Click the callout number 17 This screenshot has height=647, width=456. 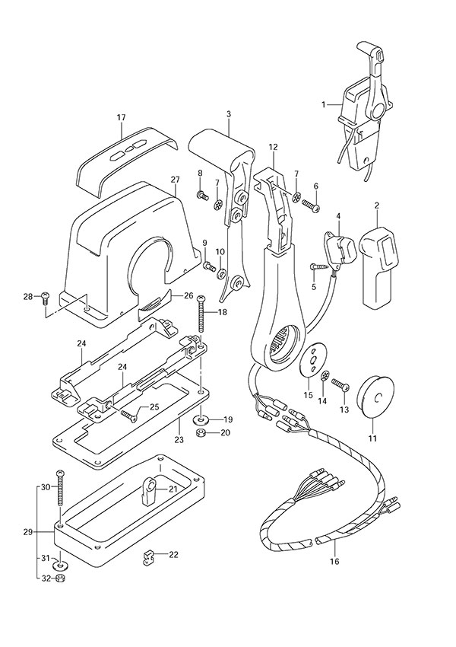click(x=120, y=117)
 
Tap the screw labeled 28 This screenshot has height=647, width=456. click(x=45, y=297)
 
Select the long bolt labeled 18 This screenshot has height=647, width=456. click(x=201, y=312)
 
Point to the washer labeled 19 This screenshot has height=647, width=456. click(x=201, y=419)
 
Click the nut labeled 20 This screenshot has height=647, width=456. click(x=201, y=433)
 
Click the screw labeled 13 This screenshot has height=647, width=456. click(x=341, y=389)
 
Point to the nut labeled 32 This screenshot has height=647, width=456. click(x=60, y=578)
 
